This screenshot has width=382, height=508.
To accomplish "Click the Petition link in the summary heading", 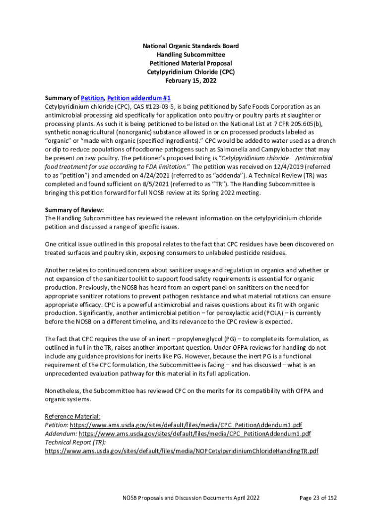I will [x=92, y=98].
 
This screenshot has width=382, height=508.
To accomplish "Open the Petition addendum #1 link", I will [x=138, y=98].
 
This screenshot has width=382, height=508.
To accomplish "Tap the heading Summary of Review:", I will [x=74, y=210].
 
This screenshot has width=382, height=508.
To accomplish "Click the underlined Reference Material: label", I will [x=72, y=416].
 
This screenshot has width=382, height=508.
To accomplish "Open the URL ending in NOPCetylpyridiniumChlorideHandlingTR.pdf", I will [x=182, y=451].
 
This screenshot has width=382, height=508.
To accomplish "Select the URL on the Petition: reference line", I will [x=186, y=425].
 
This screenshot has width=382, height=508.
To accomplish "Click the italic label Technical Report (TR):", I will [x=75, y=442].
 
